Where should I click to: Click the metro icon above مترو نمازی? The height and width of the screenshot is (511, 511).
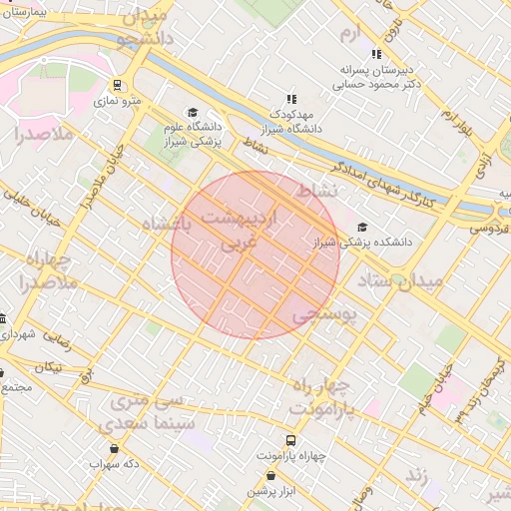118,85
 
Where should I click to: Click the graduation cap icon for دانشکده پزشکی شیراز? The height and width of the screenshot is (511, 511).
362,228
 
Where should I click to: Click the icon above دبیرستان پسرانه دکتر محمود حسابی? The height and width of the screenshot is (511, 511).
376,54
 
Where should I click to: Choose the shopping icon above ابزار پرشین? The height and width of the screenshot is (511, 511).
259,477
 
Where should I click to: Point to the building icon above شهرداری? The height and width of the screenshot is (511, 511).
2,318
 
